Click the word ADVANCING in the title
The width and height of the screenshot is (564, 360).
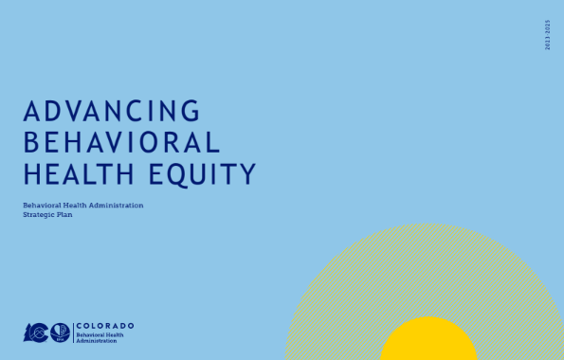tap(112, 111)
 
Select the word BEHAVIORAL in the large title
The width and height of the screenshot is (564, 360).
tap(121, 142)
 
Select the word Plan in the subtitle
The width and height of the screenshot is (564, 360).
tap(66, 215)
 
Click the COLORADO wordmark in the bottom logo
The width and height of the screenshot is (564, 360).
tap(105, 325)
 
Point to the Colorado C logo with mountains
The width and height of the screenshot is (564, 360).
tap(36, 332)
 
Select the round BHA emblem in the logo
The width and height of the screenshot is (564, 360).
tap(61, 332)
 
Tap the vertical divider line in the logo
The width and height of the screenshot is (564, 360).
tap(73, 332)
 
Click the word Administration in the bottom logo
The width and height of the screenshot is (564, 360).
tap(97, 340)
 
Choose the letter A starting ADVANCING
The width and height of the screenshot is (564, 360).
tap(31, 111)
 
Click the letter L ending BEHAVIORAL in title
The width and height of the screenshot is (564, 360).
tap(213, 142)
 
